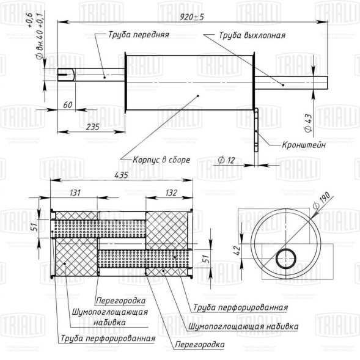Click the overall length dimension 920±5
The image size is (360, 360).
[192, 17]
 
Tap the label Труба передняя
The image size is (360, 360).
[139, 35]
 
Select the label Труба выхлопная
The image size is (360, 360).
[252, 35]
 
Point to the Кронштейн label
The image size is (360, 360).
[304, 145]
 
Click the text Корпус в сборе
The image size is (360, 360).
[161, 160]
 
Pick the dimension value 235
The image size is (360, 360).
[93, 127]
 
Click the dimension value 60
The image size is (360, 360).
[68, 105]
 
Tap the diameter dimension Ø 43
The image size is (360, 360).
[308, 123]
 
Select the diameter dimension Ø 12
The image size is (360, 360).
[226, 160]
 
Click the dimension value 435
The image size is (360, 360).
[121, 175]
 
